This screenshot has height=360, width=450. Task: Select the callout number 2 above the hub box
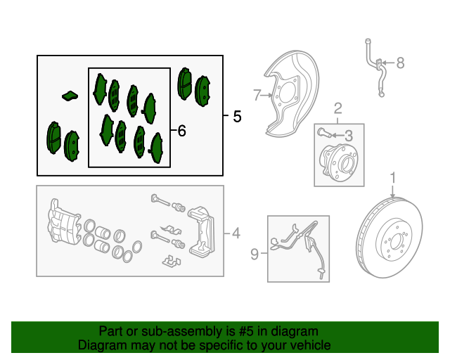[x=338, y=108]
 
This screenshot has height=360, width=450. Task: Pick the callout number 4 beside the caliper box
[x=236, y=233]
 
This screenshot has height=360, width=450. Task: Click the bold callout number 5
[x=236, y=117]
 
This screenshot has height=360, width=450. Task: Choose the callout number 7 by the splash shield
[x=257, y=94]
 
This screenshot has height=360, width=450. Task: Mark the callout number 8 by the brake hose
[x=401, y=63]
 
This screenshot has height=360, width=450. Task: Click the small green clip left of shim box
[x=70, y=95]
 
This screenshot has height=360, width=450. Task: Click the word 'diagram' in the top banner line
[x=294, y=331]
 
